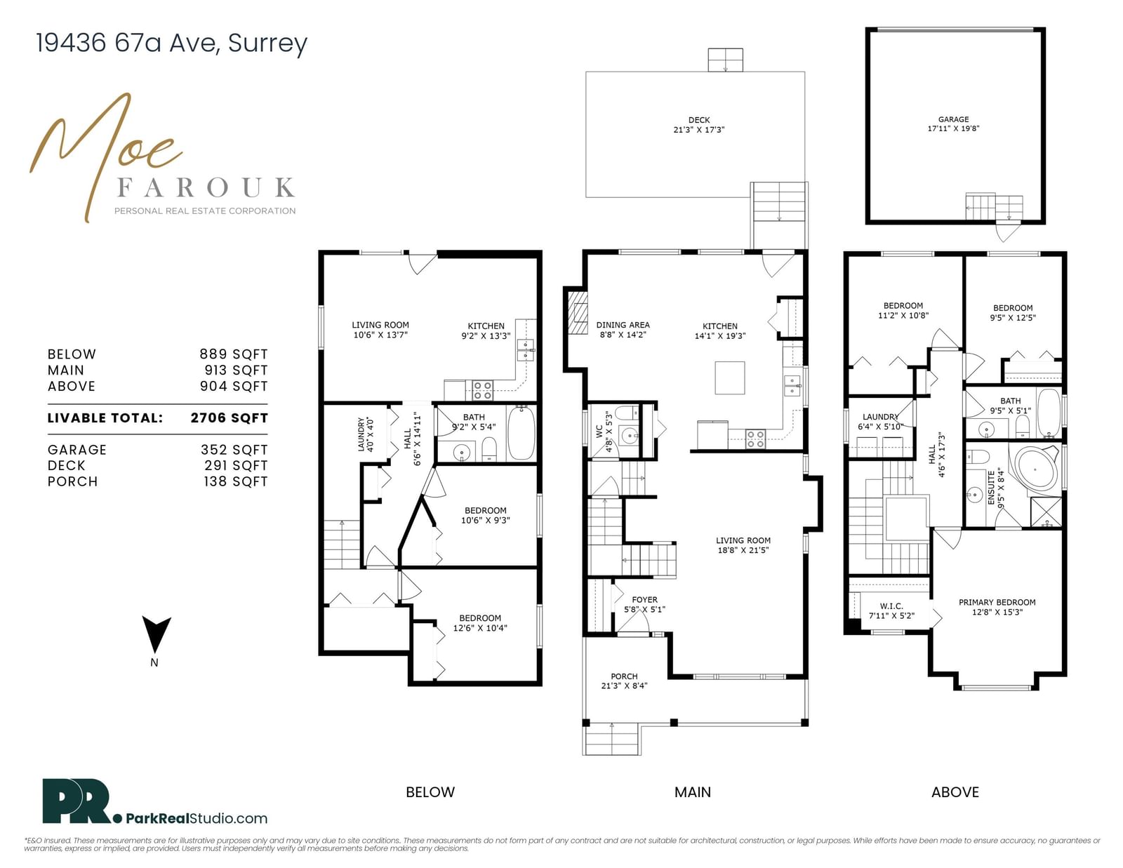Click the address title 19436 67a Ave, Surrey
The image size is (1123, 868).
pos(171,43)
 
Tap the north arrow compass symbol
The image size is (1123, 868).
pos(157,634)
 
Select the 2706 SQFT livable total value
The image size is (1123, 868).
pos(229,418)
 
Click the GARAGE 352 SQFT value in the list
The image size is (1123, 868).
pos(234,450)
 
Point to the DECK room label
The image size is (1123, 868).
pos(698,120)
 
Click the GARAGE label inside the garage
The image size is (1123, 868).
pos(953,119)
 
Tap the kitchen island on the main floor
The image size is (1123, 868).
pos(730,378)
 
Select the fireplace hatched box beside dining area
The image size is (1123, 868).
pos(578,313)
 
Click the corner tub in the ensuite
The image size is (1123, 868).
pos(1037,467)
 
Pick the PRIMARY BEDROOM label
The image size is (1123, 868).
pos(997,603)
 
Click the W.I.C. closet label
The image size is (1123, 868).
pos(891,606)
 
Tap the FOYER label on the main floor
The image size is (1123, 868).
pos(644,600)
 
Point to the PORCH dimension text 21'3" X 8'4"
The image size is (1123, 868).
pos(624,686)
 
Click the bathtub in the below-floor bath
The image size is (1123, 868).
pos(521,433)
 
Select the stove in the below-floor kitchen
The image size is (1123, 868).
pos(482,391)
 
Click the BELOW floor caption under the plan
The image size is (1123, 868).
pos(430,792)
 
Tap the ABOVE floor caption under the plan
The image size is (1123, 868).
pos(955,792)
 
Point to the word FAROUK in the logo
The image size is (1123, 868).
pos(206,187)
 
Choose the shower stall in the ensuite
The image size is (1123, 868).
pos(1046,512)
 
